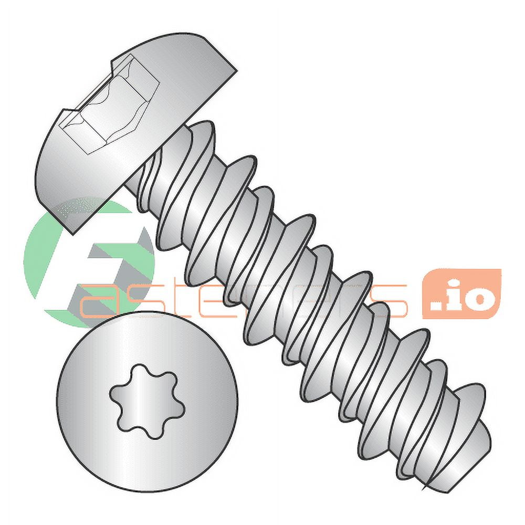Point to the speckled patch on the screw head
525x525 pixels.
click(x=73, y=207)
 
